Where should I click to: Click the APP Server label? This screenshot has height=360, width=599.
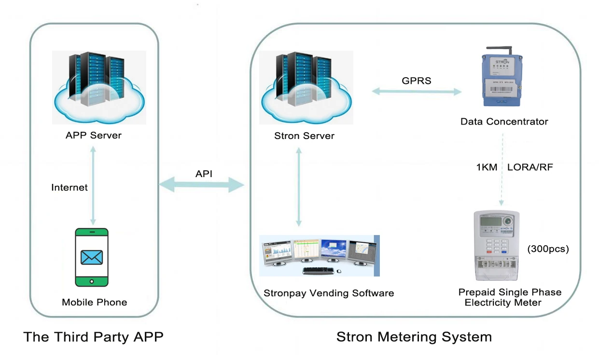coord(94,135)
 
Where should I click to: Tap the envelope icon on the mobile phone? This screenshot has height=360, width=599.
coord(92,258)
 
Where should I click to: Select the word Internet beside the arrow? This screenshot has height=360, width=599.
coord(70,187)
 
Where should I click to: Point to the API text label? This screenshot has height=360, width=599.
coord(204,173)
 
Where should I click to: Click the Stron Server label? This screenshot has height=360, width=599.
coord(304,136)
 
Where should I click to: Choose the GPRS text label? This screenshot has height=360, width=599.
coord(417,81)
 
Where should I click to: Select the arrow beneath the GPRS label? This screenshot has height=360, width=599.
coord(417,91)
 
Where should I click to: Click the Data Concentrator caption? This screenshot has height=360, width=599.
coord(504,122)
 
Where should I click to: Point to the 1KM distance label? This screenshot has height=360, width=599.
coord(487,168)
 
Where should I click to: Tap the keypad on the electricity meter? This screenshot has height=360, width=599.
coord(496,245)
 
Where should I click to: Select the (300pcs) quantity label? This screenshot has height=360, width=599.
coord(548,249)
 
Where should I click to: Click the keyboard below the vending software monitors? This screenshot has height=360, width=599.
coord(319,271)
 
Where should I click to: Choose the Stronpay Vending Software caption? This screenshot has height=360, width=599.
coord(329,293)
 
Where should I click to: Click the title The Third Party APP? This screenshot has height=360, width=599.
coord(93,337)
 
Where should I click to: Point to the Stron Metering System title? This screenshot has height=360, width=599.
coord(414,337)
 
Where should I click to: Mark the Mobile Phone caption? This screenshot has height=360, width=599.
coord(95,303)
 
